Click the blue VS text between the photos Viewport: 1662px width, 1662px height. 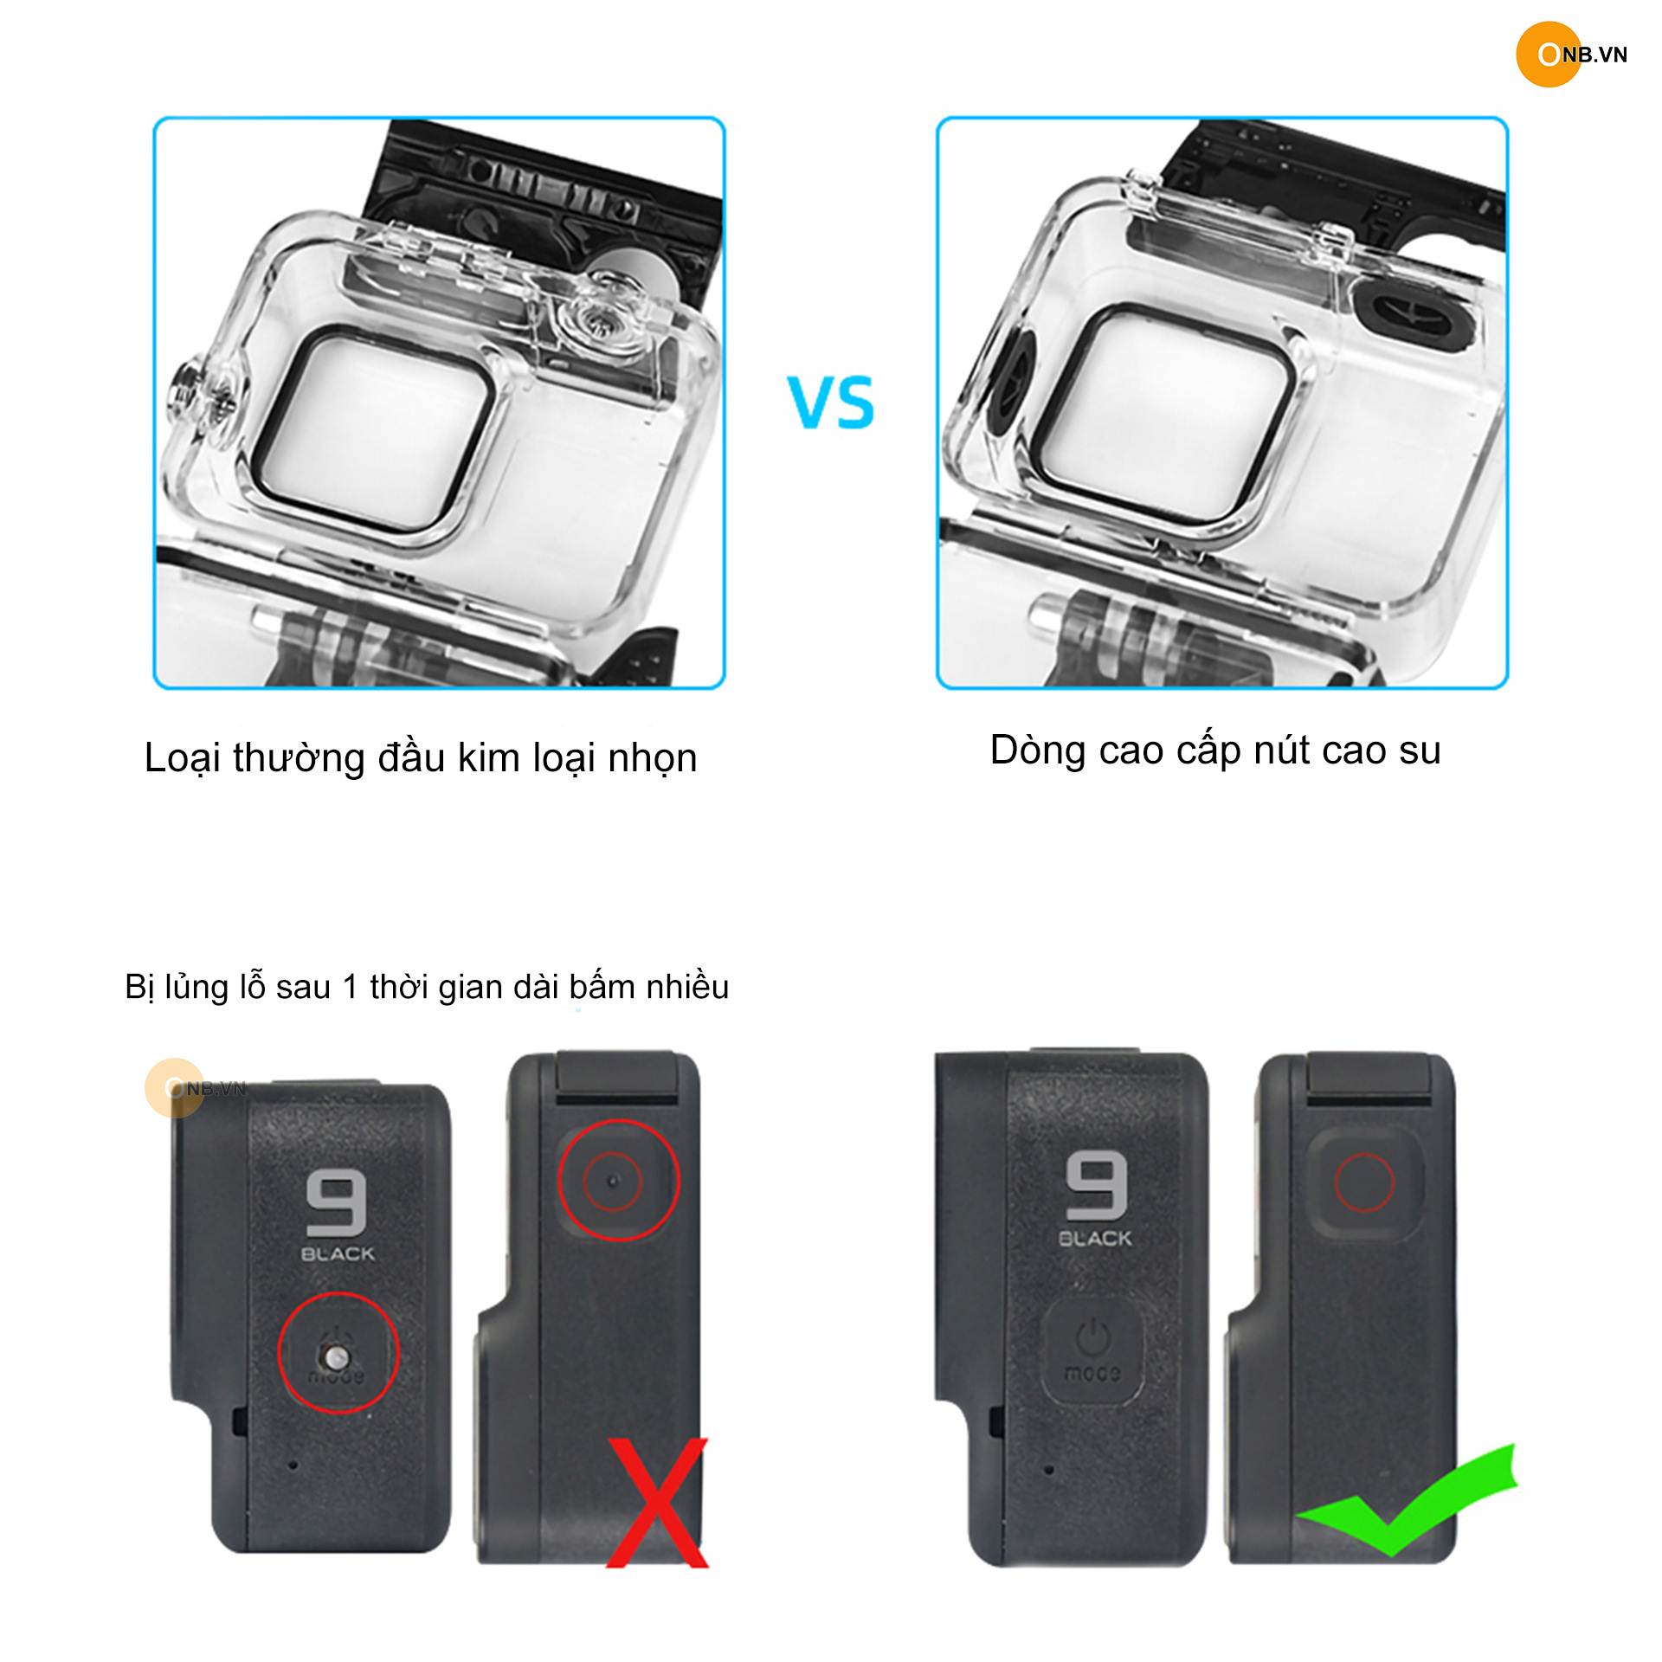pos(831,402)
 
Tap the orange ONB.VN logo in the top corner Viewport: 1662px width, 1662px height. pos(1572,55)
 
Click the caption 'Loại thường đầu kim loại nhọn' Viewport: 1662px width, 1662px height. pos(421,758)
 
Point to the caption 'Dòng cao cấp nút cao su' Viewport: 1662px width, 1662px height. pos(1215,750)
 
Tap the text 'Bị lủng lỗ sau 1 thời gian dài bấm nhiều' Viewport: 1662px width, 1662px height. pos(427,987)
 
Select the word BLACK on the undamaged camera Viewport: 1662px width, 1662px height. pos(1095,1238)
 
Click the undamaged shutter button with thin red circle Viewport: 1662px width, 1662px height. pos(1364,1182)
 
